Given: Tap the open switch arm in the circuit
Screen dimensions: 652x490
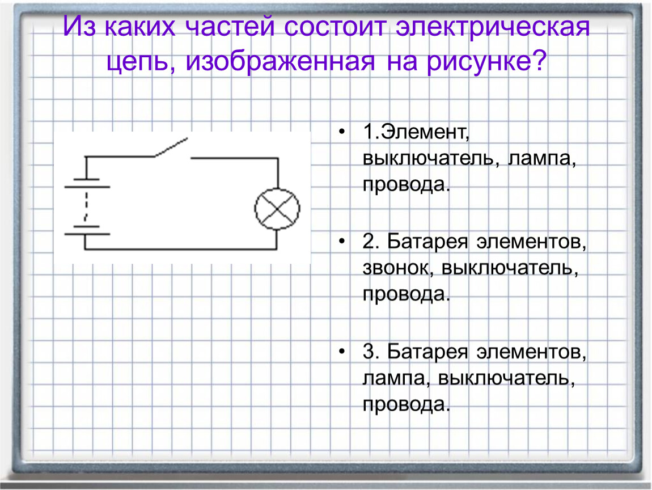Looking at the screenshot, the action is click(x=171, y=147).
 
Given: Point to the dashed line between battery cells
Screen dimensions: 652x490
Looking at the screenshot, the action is click(x=87, y=206).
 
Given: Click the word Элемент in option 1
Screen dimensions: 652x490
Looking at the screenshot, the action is click(x=425, y=132).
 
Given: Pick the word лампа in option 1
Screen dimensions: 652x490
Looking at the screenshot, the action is click(x=542, y=158).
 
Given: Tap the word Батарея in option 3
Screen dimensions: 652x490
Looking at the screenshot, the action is click(x=427, y=352).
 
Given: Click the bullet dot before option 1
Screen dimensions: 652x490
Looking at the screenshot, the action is click(x=342, y=132).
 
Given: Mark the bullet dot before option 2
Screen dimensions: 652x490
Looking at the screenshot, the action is click(x=342, y=241).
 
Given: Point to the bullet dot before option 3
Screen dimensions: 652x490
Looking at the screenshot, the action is click(x=342, y=352).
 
